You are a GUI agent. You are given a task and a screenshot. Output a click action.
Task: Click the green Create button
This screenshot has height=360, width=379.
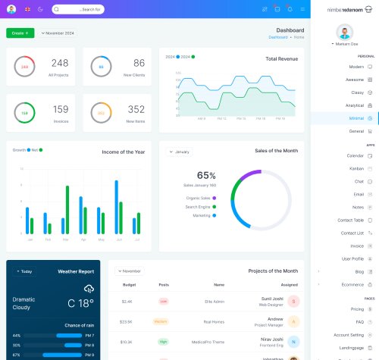[x=20, y=33]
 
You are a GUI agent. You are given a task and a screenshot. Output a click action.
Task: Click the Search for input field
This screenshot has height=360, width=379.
[x=78, y=9]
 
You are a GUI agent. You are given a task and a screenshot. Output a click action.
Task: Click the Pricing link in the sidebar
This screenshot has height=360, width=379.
[x=357, y=309]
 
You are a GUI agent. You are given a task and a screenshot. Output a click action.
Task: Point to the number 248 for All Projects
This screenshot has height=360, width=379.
[x=60, y=63]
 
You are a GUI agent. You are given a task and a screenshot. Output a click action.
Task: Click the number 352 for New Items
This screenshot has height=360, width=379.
[x=136, y=109]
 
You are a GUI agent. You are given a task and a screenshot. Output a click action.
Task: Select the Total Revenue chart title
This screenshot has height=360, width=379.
[x=281, y=58]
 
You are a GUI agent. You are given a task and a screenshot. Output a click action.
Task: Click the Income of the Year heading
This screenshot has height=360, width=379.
[x=123, y=151]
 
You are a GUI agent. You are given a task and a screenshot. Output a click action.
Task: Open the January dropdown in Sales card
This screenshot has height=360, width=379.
[x=180, y=152]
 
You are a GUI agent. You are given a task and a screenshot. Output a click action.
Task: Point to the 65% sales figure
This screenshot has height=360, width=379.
[x=206, y=175]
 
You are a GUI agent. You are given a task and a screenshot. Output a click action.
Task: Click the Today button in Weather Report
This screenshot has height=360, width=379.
[x=24, y=271]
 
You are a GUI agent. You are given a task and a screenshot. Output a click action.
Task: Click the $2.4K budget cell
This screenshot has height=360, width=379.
[x=127, y=301]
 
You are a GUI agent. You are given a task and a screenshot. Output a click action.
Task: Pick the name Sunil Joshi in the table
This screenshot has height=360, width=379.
[x=272, y=299]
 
